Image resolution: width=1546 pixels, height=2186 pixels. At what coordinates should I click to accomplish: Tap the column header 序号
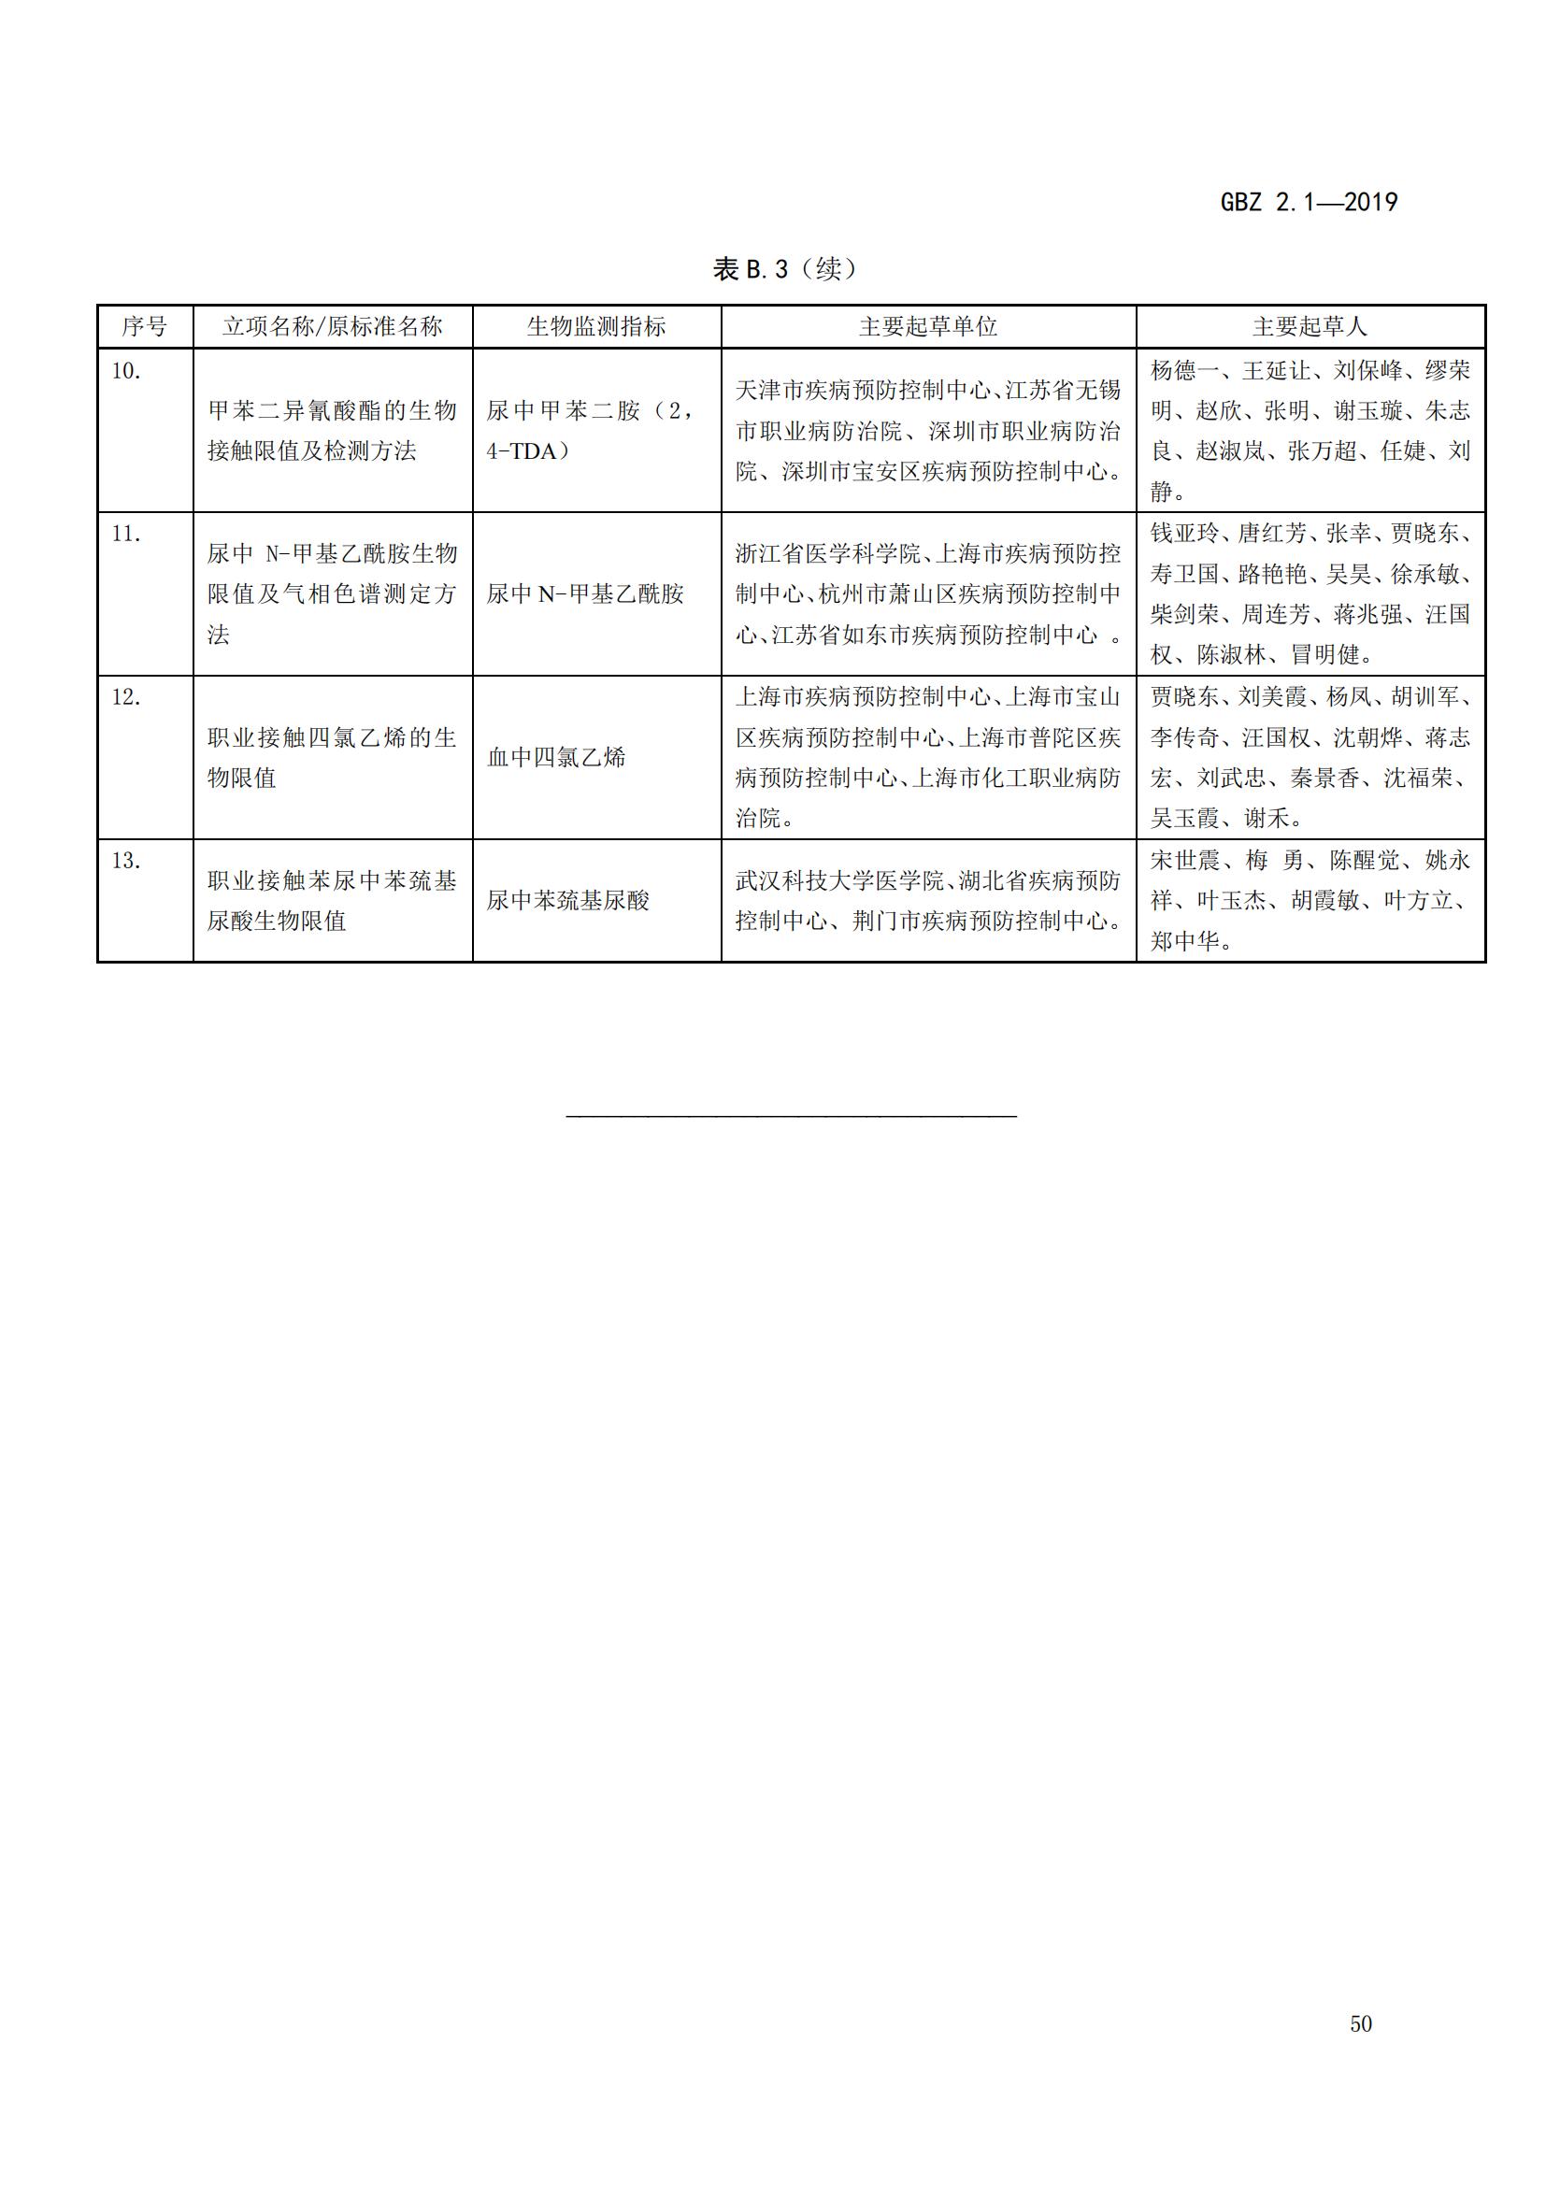pyautogui.click(x=145, y=326)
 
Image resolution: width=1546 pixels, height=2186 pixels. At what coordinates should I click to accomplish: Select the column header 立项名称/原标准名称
pyautogui.click(x=332, y=326)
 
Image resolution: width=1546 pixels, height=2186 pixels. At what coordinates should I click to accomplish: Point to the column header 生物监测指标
pyautogui.click(x=596, y=326)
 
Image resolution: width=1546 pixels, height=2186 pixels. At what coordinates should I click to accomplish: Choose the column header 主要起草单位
pyautogui.click(x=927, y=326)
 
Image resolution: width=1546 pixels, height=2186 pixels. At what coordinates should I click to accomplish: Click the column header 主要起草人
pyautogui.click(x=1309, y=326)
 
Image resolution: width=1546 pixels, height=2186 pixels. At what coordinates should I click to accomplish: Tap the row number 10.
pyautogui.click(x=125, y=371)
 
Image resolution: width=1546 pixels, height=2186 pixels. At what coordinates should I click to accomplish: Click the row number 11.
pyautogui.click(x=125, y=535)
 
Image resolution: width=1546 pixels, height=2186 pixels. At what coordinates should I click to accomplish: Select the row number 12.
pyautogui.click(x=125, y=698)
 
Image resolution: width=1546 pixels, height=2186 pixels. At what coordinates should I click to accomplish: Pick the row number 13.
pyautogui.click(x=125, y=862)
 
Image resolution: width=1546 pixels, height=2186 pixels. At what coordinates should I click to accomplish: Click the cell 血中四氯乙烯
pyautogui.click(x=556, y=758)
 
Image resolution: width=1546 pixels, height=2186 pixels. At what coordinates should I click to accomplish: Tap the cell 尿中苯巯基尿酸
pyautogui.click(x=567, y=901)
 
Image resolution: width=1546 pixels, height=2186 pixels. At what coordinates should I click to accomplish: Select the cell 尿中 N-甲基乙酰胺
pyautogui.click(x=584, y=594)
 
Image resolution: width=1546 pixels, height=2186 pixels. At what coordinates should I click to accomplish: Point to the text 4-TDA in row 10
pyautogui.click(x=522, y=451)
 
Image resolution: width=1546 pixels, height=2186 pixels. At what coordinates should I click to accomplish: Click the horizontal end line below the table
pyautogui.click(x=791, y=1115)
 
